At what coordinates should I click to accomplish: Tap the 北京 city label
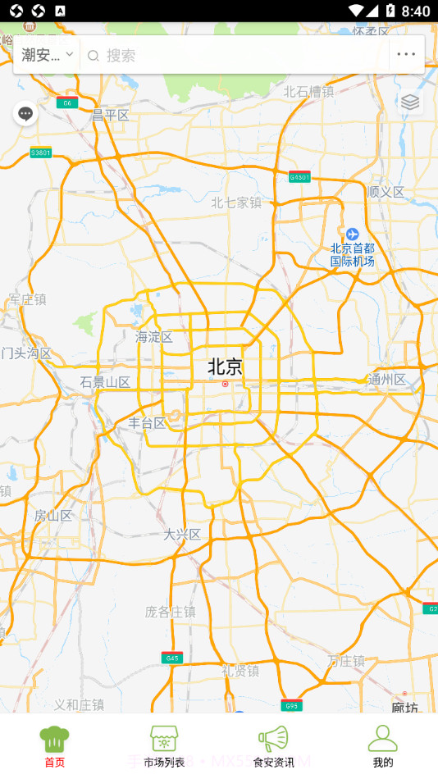pos(225,367)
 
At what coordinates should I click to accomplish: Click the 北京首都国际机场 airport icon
pos(352,235)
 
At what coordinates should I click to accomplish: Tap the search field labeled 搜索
pos(238,55)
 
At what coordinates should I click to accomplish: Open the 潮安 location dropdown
pos(48,55)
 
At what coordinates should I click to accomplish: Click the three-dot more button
pos(406,55)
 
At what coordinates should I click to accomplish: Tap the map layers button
pos(410,102)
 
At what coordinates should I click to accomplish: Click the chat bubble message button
pos(25,113)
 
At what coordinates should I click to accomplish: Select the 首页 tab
pos(54,745)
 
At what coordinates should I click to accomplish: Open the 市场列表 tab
pos(164,745)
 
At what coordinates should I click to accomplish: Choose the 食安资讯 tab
pos(273,745)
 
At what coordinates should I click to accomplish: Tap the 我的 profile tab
pos(382,745)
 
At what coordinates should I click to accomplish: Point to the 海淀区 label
pos(154,337)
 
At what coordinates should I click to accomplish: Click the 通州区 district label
pos(387,380)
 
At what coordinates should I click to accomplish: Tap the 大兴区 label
pos(182,535)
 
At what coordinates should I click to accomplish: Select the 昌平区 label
pos(111,116)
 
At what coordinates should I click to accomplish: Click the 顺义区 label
pos(386,192)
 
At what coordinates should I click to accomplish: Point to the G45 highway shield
pos(172,658)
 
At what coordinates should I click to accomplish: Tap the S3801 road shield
pos(40,153)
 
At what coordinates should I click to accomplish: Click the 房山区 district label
pos(53,516)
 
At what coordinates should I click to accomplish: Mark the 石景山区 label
pos(106,382)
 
